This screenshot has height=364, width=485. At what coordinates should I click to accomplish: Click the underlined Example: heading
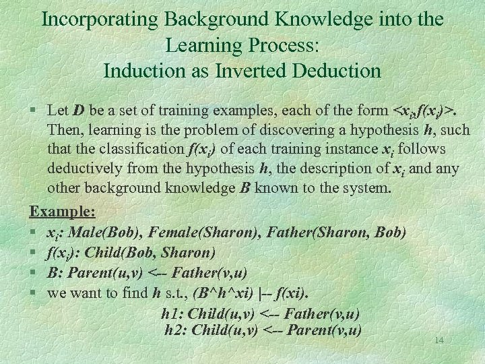63,212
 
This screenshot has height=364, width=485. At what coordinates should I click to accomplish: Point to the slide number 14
439,340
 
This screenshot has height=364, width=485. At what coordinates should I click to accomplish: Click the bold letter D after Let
79,110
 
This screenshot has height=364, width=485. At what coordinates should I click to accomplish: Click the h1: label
173,313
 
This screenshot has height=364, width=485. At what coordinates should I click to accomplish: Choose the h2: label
176,330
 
